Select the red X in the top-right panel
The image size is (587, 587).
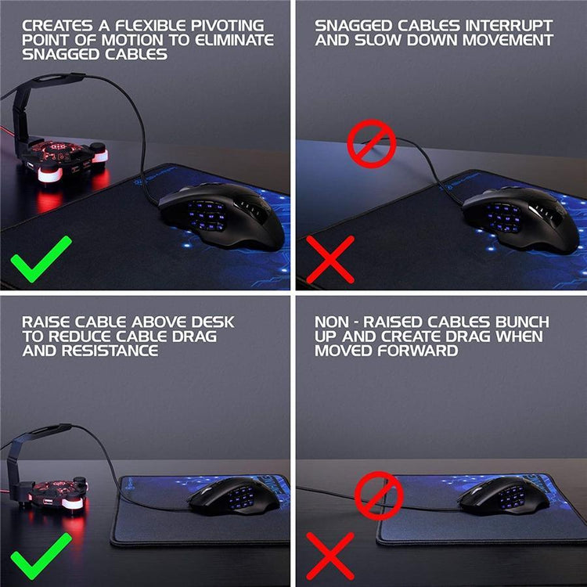click(330, 258)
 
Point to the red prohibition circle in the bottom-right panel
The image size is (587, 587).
click(379, 495)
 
